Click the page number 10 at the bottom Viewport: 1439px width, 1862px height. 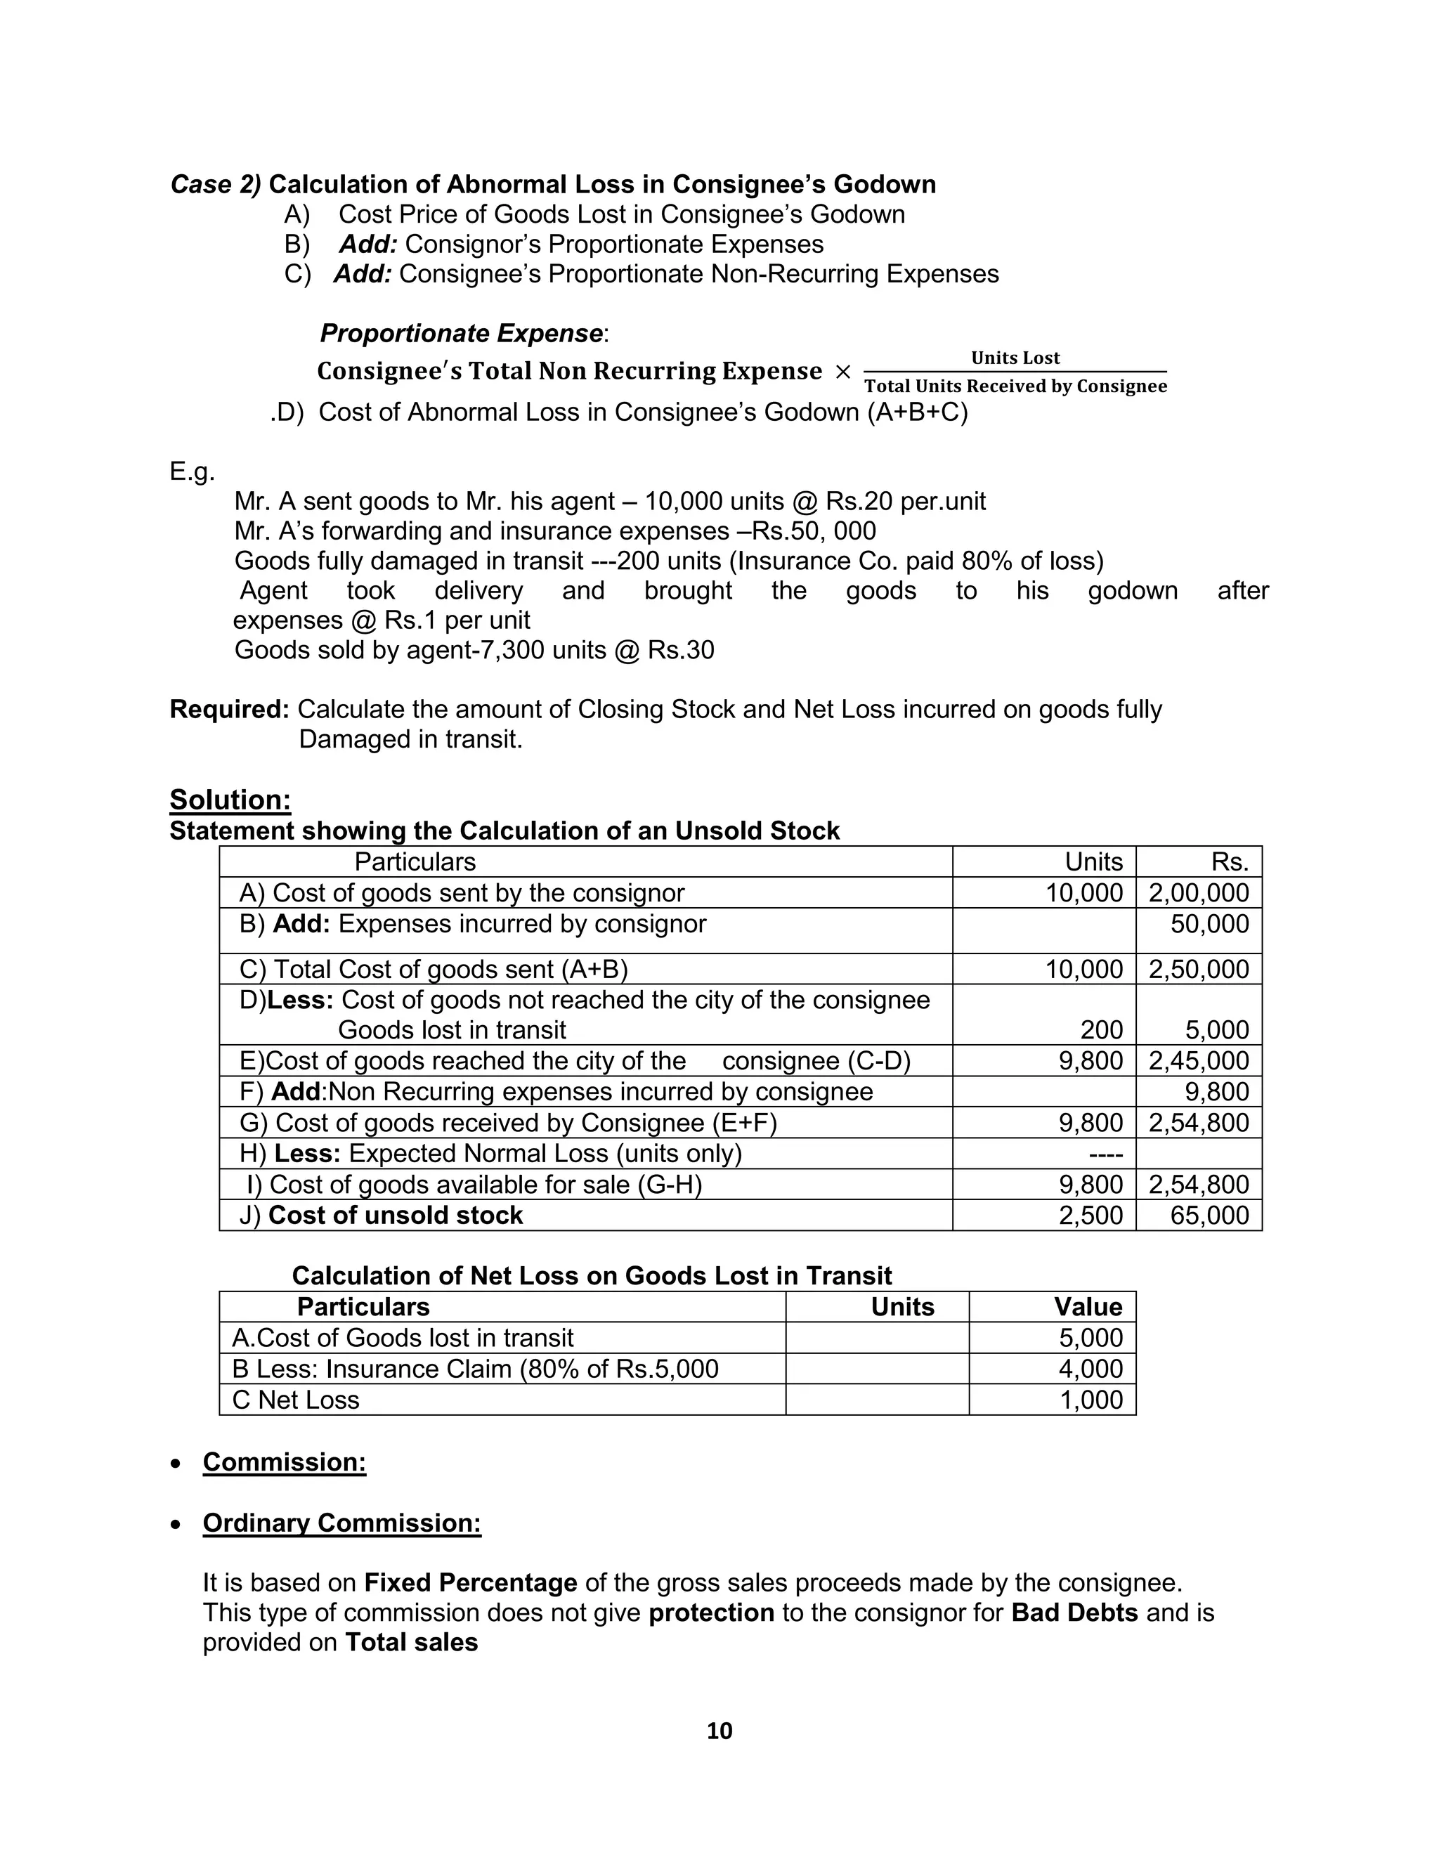719,1730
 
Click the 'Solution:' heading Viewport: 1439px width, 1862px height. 230,800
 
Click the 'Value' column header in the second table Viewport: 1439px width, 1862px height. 1088,1307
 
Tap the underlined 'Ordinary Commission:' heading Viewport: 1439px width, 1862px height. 342,1523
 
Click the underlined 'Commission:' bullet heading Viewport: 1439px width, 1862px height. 285,1462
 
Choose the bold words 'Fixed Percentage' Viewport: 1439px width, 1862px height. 471,1582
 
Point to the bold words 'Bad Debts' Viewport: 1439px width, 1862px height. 1074,1612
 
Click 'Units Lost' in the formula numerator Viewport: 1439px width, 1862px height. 1015,358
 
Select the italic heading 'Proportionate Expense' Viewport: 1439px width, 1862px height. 461,333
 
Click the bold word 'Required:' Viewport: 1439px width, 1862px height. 229,710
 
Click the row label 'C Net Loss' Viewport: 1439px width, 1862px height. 296,1399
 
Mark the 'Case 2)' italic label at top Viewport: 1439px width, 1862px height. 216,184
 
